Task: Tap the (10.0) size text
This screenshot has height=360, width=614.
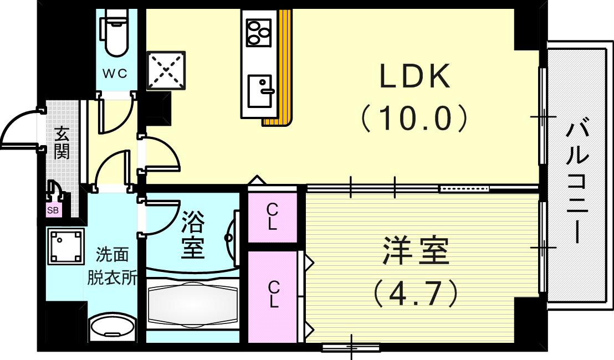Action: pyautogui.click(x=415, y=118)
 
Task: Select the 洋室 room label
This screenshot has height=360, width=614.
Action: pyautogui.click(x=415, y=252)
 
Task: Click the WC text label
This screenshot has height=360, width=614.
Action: pyautogui.click(x=115, y=73)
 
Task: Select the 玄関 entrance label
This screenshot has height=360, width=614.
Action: pyautogui.click(x=62, y=143)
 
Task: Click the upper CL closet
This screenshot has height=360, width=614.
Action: pyautogui.click(x=272, y=217)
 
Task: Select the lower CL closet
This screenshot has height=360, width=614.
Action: pyautogui.click(x=273, y=295)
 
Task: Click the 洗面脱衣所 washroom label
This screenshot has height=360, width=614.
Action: pyautogui.click(x=112, y=266)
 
